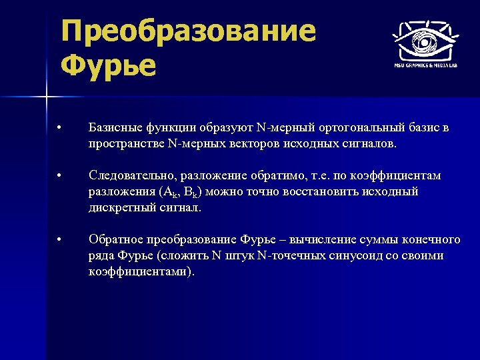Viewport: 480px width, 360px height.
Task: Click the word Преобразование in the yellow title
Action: [x=188, y=31]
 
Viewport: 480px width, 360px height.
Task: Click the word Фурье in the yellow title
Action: [x=108, y=65]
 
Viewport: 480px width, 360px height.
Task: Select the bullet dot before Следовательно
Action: [x=59, y=176]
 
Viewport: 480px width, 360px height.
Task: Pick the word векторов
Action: [x=249, y=143]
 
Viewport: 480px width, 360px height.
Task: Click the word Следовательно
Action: [x=131, y=175]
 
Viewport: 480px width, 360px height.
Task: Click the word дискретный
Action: [x=117, y=207]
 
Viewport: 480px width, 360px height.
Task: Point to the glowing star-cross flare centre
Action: [x=47, y=98]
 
